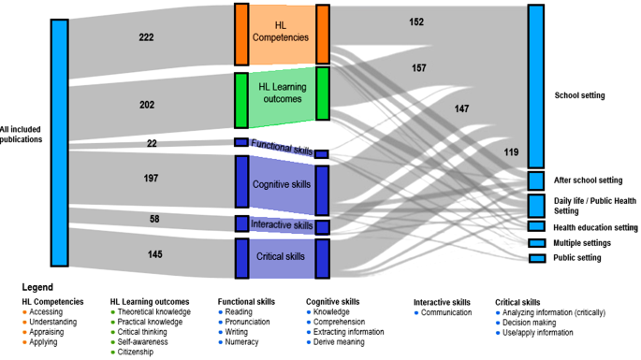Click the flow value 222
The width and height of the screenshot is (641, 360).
146,37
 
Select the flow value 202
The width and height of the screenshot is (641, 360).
146,106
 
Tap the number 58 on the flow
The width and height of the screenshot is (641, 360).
153,218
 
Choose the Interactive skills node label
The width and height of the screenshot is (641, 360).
282,225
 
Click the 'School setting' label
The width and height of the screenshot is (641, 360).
579,95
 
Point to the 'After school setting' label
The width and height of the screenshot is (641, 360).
588,180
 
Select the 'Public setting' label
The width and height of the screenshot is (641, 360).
577,258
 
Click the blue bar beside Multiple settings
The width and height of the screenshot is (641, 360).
536,243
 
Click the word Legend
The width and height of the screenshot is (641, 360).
37,288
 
